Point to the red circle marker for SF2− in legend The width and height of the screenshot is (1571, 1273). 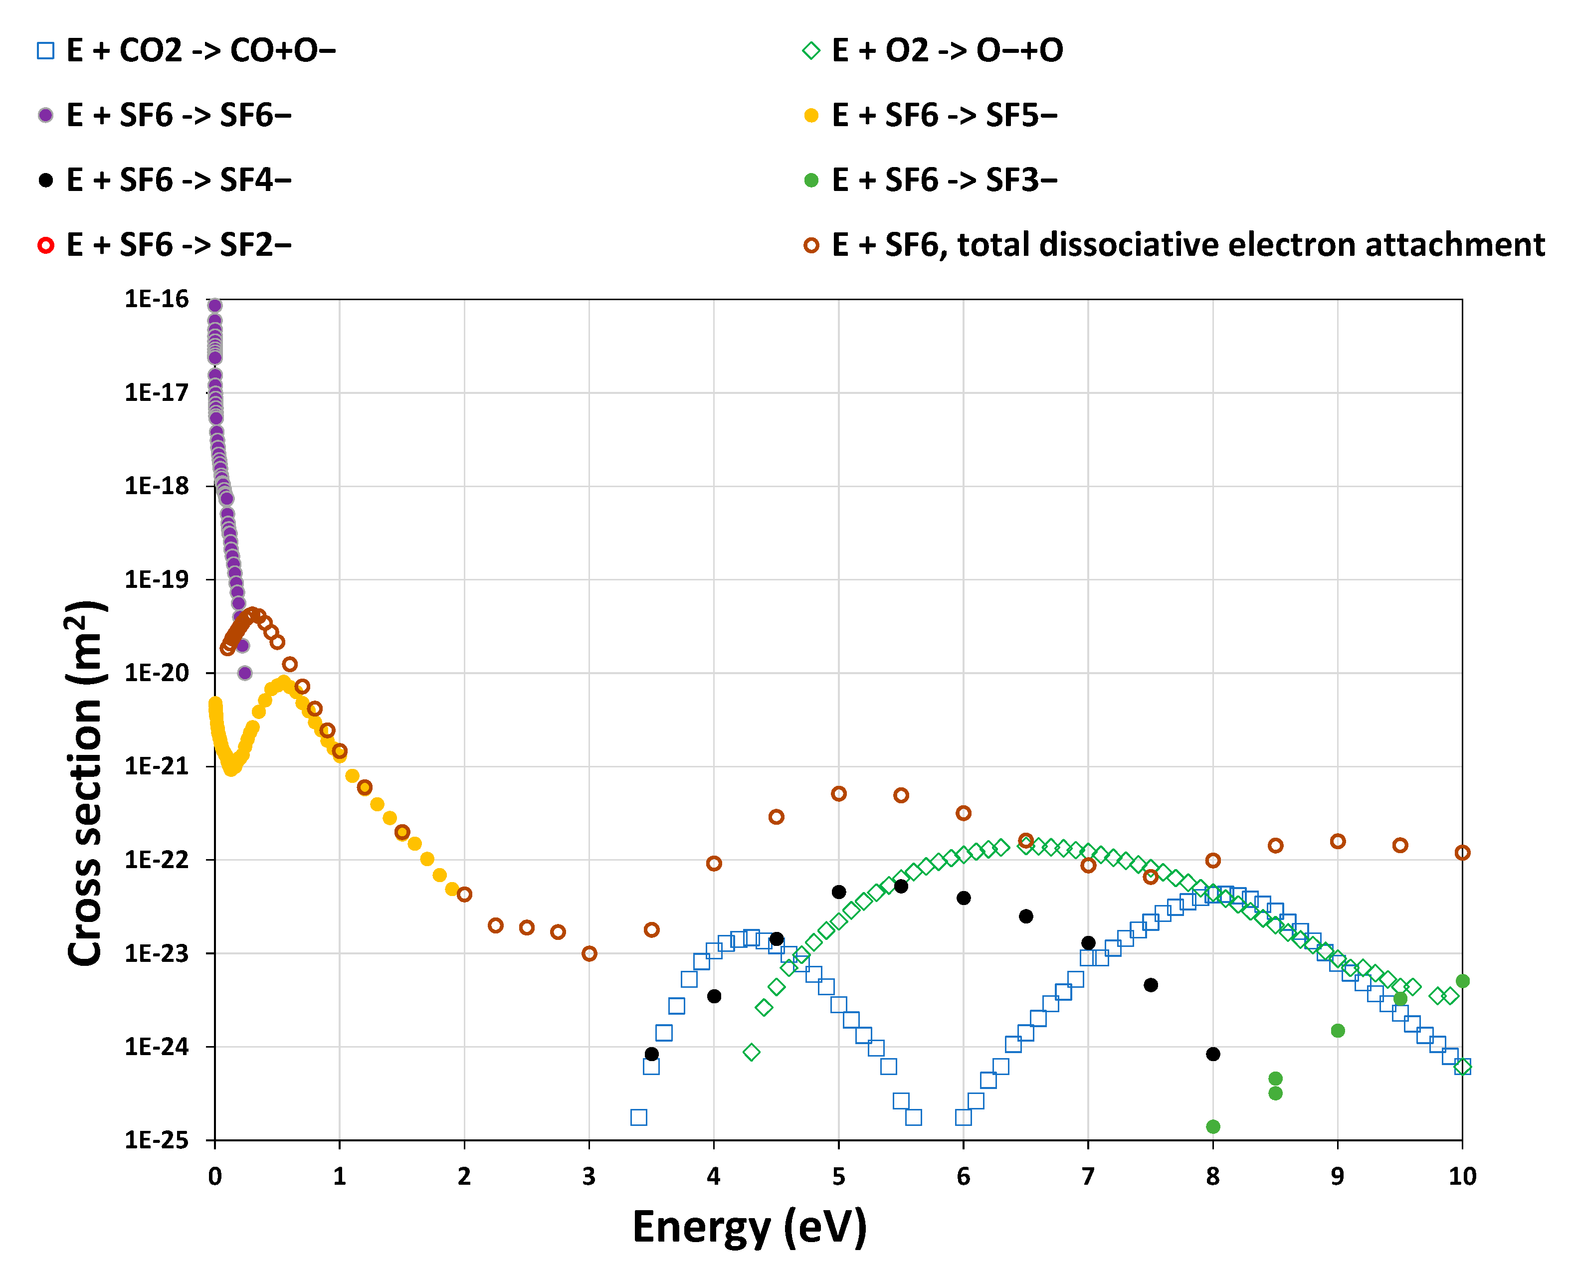point(45,245)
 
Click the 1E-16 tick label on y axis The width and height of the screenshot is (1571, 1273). point(156,299)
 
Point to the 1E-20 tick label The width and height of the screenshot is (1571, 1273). point(156,673)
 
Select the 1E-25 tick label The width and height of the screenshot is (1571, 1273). point(156,1140)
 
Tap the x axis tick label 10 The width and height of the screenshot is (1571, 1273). point(1462,1177)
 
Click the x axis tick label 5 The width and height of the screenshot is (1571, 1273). point(838,1177)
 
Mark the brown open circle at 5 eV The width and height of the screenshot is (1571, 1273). point(838,793)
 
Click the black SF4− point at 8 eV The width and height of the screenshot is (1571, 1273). point(1212,1054)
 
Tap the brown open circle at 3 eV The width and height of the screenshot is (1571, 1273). point(589,953)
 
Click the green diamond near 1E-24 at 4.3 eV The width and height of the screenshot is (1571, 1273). point(751,1052)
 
